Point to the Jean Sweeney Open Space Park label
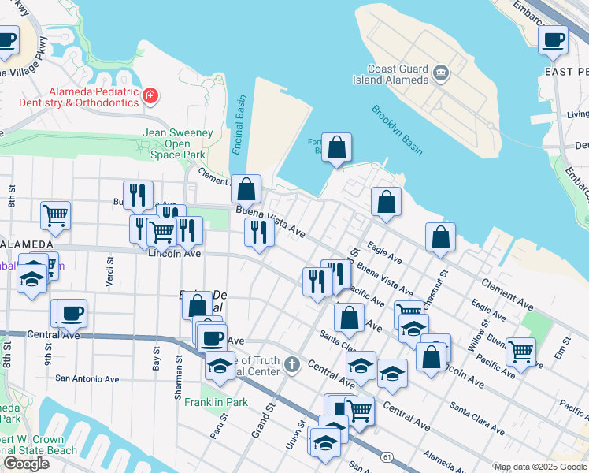177,144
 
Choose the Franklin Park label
216,402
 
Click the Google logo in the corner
26,464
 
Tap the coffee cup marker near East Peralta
553,39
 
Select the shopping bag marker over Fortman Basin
336,148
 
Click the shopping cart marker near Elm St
520,352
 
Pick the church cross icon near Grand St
292,364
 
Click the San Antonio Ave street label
87,378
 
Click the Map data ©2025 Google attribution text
539,467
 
